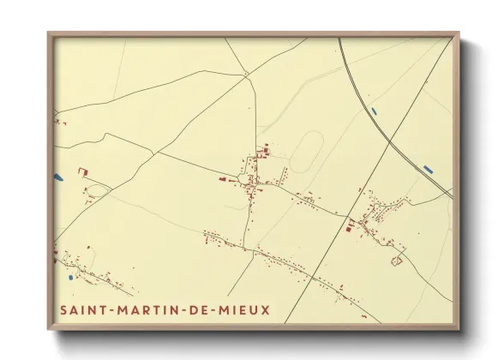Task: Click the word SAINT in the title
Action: point(83,309)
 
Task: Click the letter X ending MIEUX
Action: point(264,309)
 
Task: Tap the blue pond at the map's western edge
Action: point(57,177)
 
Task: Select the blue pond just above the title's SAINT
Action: point(70,277)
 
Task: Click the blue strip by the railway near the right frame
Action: point(429,167)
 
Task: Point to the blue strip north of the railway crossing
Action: point(375,111)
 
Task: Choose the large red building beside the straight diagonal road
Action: point(349,226)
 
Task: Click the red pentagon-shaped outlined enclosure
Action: point(397,258)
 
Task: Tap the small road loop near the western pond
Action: point(98,188)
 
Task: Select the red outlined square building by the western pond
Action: point(83,171)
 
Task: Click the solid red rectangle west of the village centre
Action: point(222,179)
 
